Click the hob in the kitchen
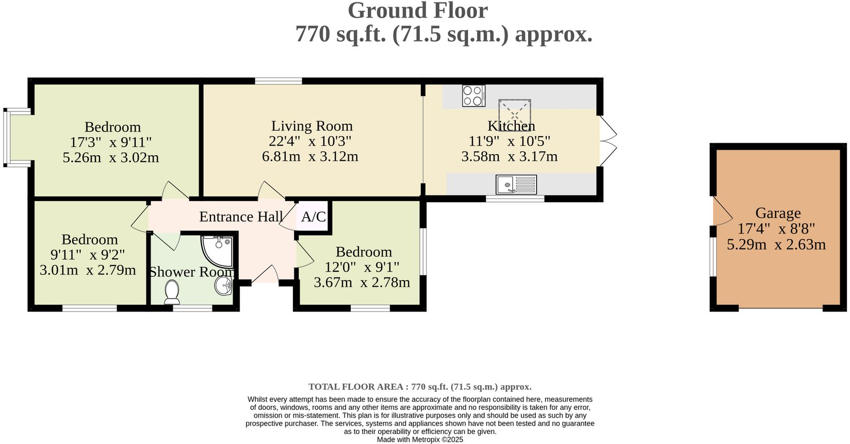click(x=473, y=95)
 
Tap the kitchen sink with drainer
click(x=516, y=185)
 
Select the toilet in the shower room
click(x=172, y=292)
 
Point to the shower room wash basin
click(x=224, y=285)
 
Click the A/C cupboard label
click(x=314, y=217)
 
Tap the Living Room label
click(x=312, y=126)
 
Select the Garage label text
click(x=778, y=213)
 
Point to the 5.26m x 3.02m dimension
click(x=111, y=157)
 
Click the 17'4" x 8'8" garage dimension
click(x=776, y=229)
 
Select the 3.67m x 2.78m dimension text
click(x=362, y=283)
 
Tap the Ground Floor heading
click(x=418, y=11)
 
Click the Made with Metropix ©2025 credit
click(x=420, y=440)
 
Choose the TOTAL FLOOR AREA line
click(x=420, y=387)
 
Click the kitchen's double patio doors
click(x=608, y=141)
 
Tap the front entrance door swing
click(x=265, y=274)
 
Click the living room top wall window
click(x=279, y=81)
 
